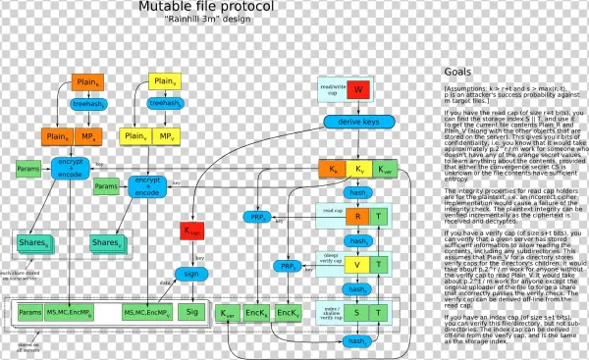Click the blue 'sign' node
point(191,273)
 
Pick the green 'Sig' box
point(191,312)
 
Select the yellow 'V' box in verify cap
point(359,265)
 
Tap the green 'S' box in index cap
point(359,312)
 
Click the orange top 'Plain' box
point(85,84)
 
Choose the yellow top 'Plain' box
point(162,80)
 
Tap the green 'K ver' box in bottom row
point(227,313)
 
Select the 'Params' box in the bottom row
point(27,312)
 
